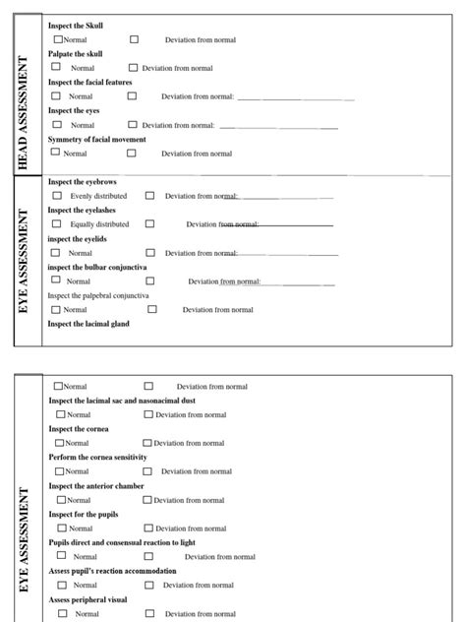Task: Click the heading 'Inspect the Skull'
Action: [76, 26]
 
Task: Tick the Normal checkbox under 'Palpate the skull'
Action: [56, 68]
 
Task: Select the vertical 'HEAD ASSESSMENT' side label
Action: [24, 113]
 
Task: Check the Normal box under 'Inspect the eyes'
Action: [57, 125]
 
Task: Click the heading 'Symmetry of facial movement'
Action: [97, 140]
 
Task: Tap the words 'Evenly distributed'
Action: [98, 196]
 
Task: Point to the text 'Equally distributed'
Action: [99, 224]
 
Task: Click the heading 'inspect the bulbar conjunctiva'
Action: [97, 267]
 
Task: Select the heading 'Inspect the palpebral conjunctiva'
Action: [98, 295]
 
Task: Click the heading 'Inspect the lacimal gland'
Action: [88, 324]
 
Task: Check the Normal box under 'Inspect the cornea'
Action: [61, 443]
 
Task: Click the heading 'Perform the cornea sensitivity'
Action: [97, 458]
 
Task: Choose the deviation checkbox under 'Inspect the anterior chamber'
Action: [147, 500]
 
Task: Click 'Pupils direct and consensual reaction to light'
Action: [122, 543]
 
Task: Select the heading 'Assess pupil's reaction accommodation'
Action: [113, 571]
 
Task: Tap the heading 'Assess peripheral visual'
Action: [87, 599]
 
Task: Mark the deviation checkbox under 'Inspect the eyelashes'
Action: [149, 224]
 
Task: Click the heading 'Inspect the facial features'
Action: [89, 83]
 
